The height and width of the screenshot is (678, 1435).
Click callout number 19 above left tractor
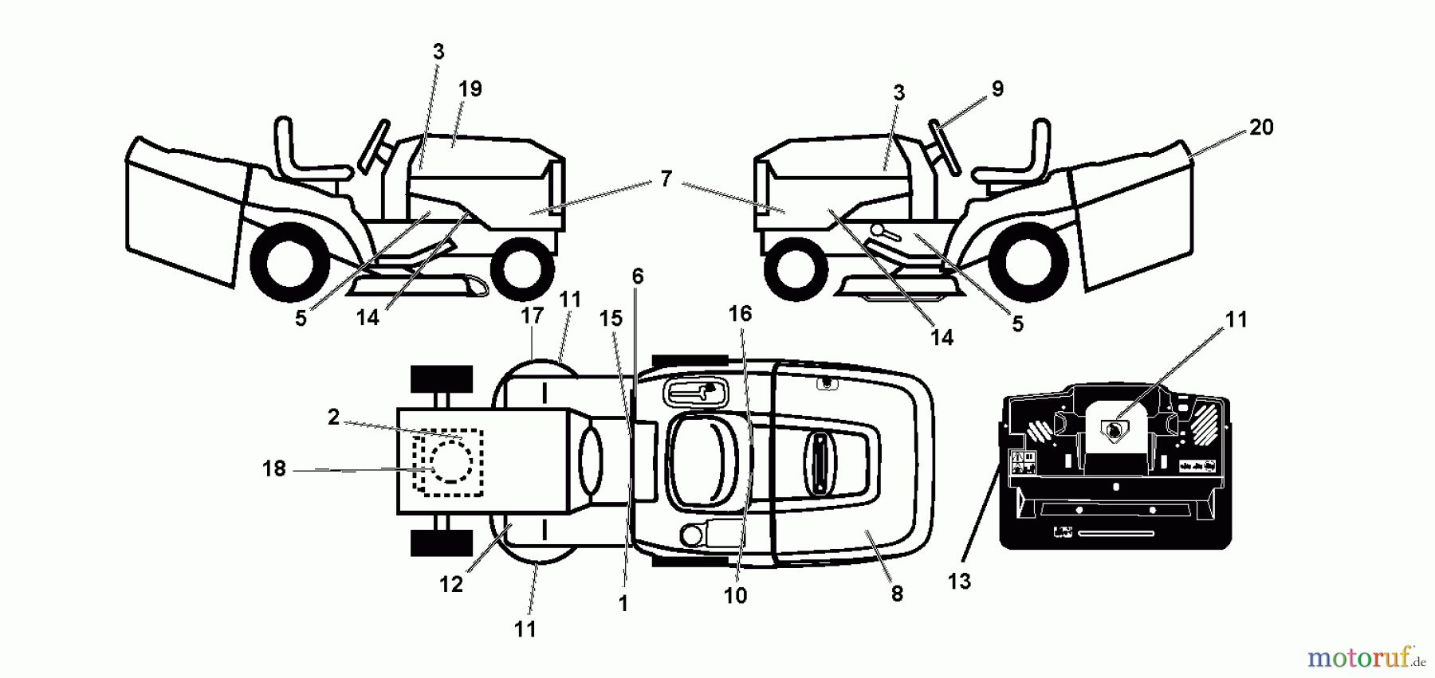point(470,89)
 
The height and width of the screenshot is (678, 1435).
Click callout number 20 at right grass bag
point(1261,127)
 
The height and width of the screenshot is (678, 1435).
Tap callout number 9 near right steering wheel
point(997,89)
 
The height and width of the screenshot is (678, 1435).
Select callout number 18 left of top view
point(273,469)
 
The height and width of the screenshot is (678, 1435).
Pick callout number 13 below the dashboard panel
point(959,582)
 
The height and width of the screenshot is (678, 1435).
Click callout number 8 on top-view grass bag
point(897,594)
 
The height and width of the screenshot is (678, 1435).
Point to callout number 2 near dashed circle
point(333,417)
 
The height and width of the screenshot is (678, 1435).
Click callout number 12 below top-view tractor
point(450,585)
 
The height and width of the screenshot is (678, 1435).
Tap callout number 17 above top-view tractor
point(532,316)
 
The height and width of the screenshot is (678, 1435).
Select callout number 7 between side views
point(666,180)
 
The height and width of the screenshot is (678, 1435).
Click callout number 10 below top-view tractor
point(735,596)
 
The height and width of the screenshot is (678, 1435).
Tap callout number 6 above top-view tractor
point(637,277)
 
